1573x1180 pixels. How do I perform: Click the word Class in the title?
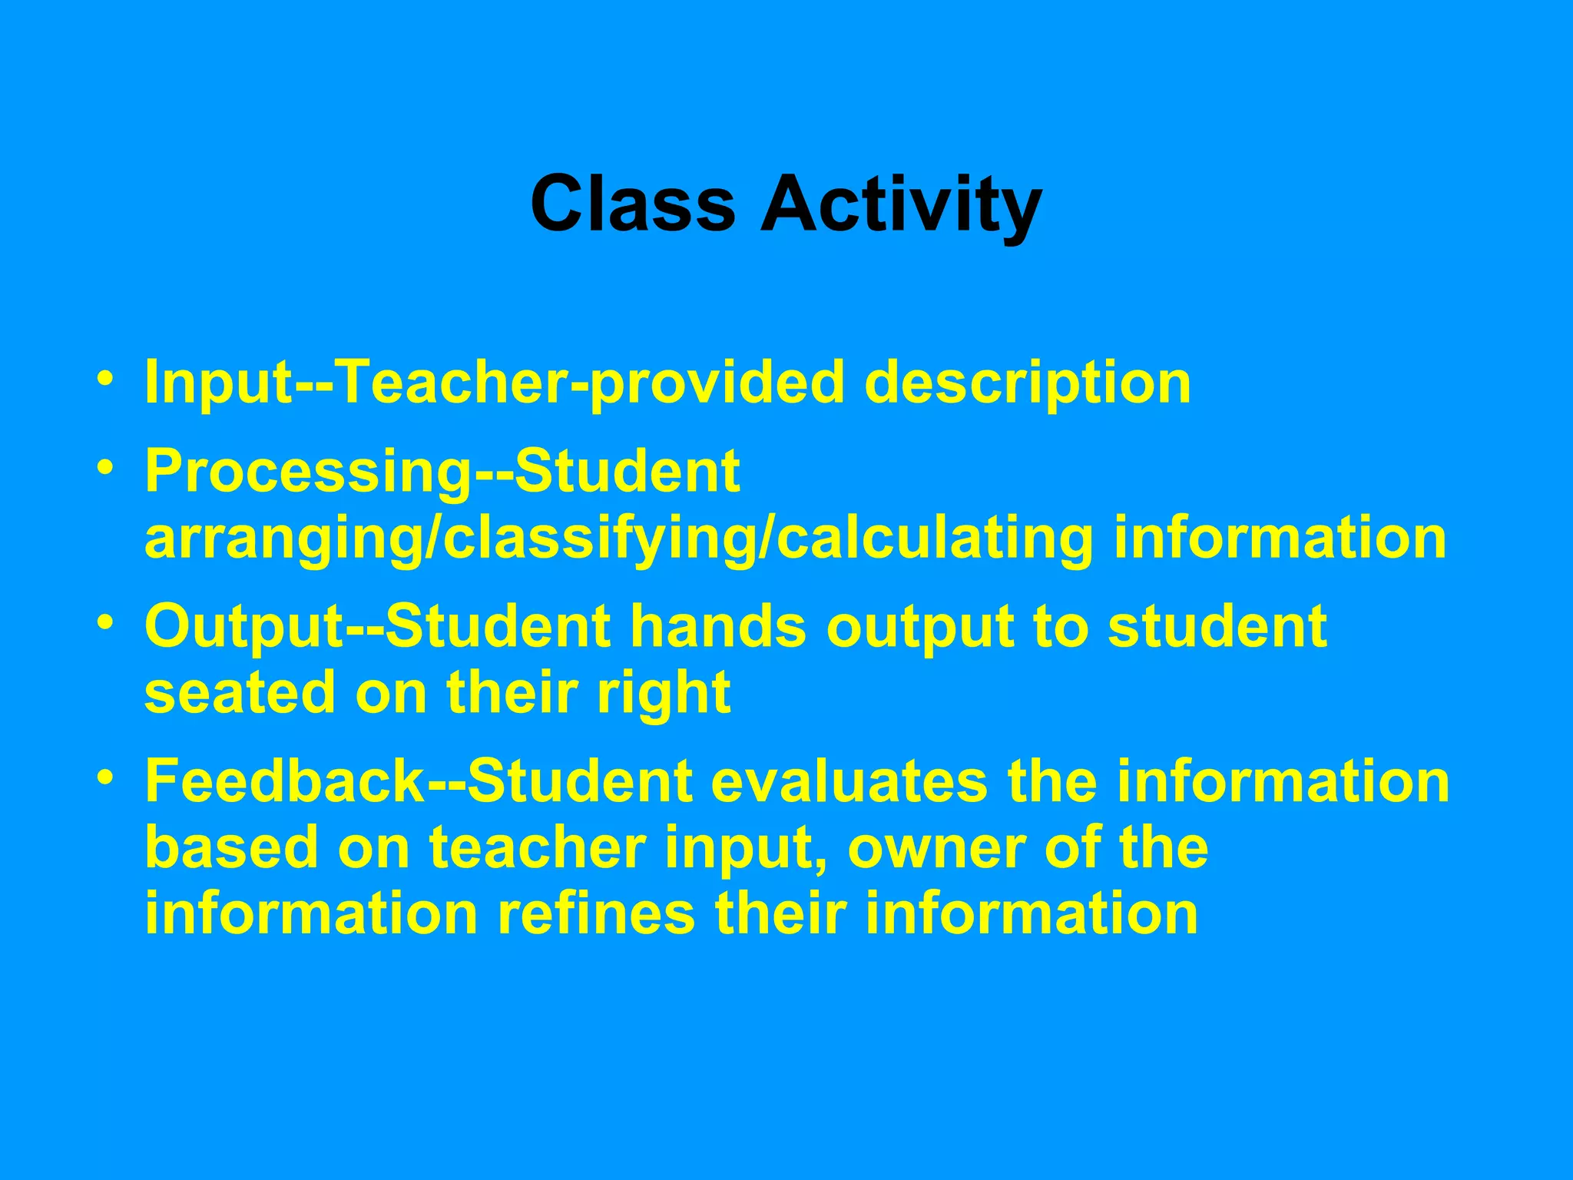tap(632, 204)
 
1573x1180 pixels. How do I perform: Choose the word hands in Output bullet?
tap(718, 626)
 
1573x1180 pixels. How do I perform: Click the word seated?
tap(239, 692)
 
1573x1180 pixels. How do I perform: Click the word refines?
tap(595, 913)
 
